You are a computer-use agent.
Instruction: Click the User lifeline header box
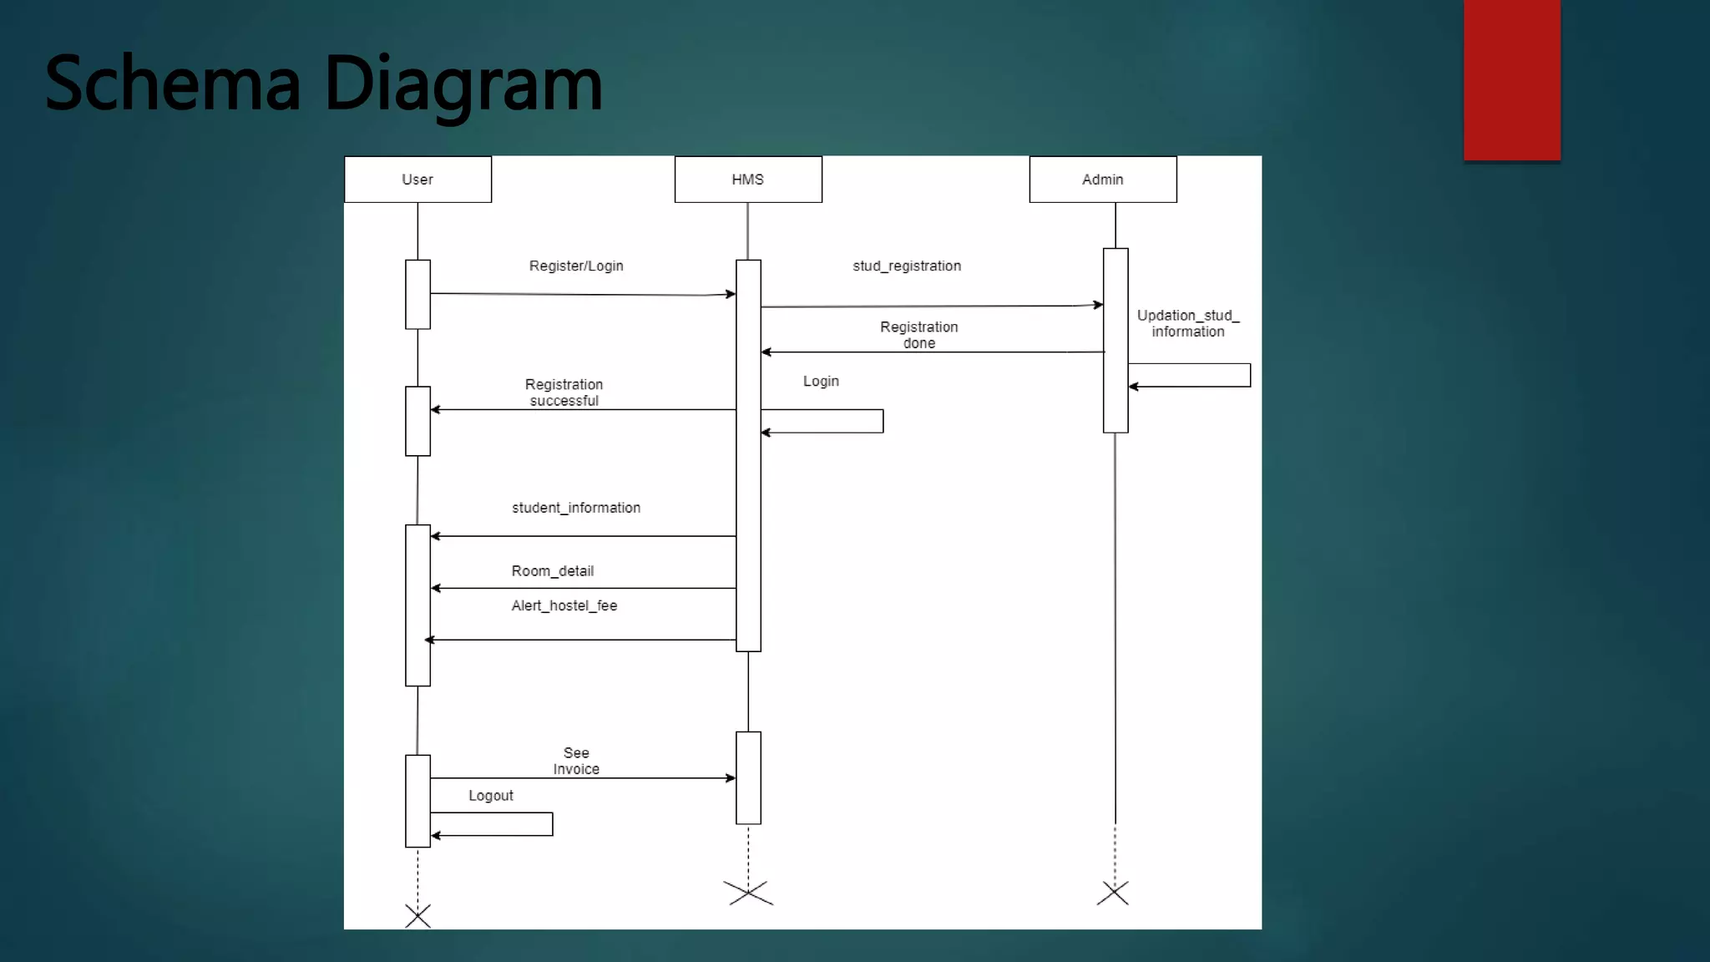(x=417, y=180)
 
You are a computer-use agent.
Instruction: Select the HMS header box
(x=748, y=180)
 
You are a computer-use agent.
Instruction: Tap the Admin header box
(x=1102, y=180)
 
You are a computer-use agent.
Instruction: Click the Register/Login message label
(x=576, y=266)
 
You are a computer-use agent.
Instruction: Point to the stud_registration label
(x=907, y=266)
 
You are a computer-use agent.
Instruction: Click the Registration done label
(x=918, y=335)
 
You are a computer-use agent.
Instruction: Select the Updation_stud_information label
(x=1187, y=323)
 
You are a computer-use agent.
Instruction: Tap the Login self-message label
(x=821, y=381)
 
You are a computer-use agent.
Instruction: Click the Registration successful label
(x=564, y=392)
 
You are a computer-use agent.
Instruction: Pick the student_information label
(x=576, y=508)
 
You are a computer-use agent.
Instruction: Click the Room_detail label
(x=553, y=571)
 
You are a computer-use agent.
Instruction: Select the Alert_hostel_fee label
(x=564, y=605)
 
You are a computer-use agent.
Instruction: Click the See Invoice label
(x=576, y=761)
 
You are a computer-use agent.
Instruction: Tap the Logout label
(x=491, y=796)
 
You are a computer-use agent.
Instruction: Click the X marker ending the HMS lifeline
(x=748, y=893)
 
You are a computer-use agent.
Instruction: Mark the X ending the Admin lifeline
(x=1113, y=893)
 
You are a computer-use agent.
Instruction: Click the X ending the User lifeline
(x=417, y=916)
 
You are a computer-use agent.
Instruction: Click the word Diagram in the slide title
(x=463, y=84)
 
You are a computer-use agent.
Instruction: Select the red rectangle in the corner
(x=1511, y=79)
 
